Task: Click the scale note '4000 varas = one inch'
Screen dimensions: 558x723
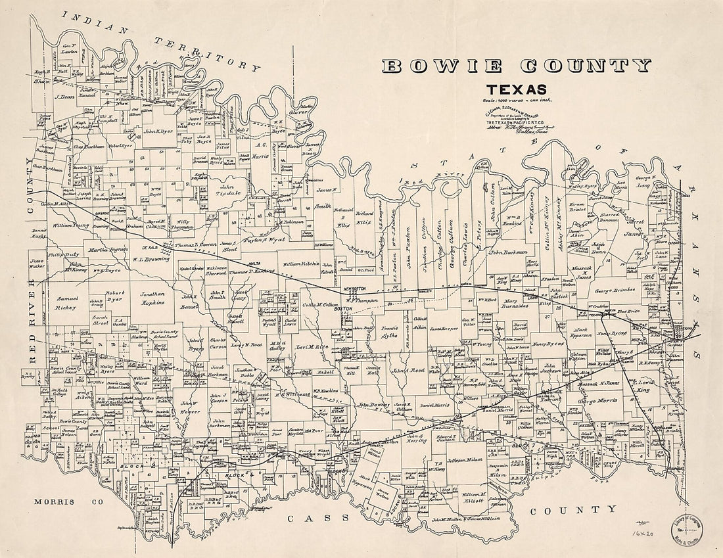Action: click(x=519, y=100)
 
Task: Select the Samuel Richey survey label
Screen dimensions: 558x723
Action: click(x=66, y=303)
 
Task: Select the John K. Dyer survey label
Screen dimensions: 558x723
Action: click(x=157, y=131)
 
